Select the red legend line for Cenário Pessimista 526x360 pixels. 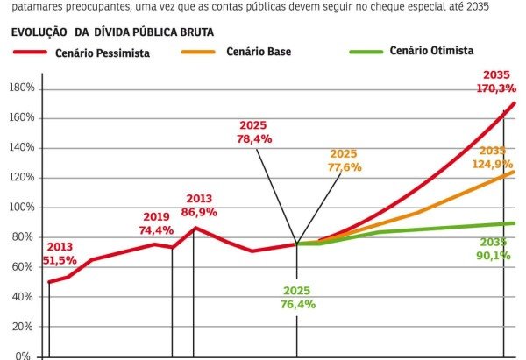(x=39, y=53)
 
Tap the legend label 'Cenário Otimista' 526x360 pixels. (x=432, y=52)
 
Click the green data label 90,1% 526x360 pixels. (x=494, y=256)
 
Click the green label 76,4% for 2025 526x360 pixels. (x=296, y=304)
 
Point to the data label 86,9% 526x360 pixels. (x=199, y=212)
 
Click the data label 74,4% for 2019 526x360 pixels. (x=156, y=230)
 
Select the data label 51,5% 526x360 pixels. (x=60, y=260)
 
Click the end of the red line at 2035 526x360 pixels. (x=514, y=103)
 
